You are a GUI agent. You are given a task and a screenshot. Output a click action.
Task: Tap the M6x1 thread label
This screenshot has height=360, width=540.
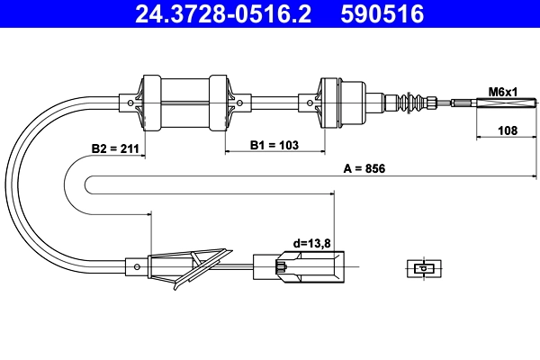coord(503,92)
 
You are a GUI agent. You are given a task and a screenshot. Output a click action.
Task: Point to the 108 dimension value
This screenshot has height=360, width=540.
coord(508,131)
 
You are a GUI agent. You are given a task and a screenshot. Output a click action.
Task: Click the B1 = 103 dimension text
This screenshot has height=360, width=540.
coord(274,144)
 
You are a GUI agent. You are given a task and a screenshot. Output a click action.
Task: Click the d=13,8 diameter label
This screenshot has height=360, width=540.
coord(311,242)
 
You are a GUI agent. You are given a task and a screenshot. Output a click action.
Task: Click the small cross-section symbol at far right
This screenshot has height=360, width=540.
coord(421,267)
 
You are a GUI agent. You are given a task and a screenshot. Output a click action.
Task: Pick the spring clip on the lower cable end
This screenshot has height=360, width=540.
coord(193,266)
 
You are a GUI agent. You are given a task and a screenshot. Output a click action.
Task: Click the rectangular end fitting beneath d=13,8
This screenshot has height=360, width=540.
coord(297,266)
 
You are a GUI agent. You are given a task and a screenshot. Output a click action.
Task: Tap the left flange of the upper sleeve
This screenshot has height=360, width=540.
coord(149,99)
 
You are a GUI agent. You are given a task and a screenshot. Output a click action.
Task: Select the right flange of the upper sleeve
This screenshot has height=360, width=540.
coord(218,99)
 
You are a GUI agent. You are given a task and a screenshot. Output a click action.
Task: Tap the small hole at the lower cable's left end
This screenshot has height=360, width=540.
coord(135,265)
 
